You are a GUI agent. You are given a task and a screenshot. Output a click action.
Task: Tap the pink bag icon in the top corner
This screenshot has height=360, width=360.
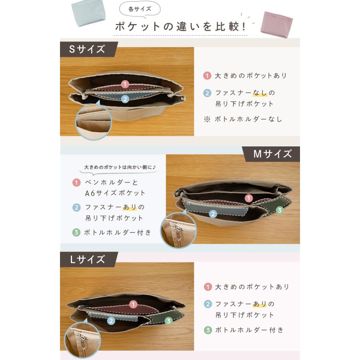pyautogui.click(x=276, y=24)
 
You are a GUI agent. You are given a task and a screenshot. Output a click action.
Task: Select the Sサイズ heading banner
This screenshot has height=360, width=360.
pyautogui.click(x=87, y=49)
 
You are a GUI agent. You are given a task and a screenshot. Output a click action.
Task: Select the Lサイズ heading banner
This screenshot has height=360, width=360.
pyautogui.click(x=87, y=259)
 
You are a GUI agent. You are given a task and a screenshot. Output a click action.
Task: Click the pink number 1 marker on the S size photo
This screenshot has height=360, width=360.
pyautogui.click(x=125, y=84)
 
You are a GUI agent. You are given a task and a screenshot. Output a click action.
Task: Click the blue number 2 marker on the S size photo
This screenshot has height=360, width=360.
pyautogui.click(x=125, y=98)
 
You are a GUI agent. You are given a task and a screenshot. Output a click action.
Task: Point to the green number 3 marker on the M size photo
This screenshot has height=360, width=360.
pyautogui.click(x=280, y=210)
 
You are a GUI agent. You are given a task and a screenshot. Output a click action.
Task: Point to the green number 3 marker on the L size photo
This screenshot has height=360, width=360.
pyautogui.click(x=168, y=320)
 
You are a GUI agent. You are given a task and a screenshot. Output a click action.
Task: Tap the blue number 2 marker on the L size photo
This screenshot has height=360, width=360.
pyautogui.click(x=111, y=320)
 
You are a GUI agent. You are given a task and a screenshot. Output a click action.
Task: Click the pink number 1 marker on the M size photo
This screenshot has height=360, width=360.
pyautogui.click(x=248, y=198)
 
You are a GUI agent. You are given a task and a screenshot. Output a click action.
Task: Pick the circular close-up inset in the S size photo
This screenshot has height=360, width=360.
pyautogui.click(x=93, y=122)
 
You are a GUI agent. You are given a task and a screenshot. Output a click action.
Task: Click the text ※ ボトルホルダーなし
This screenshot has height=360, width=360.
pyautogui.click(x=243, y=119)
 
